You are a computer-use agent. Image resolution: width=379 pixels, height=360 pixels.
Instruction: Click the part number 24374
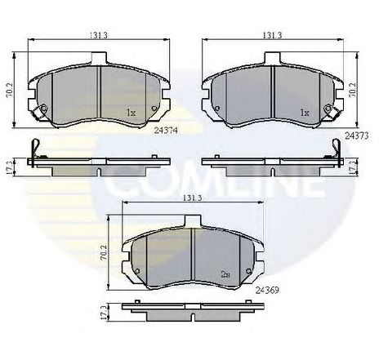point(166,131)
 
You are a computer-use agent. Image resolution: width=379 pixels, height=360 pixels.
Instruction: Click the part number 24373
point(357,136)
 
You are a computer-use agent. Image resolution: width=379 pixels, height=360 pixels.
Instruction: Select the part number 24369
point(267,291)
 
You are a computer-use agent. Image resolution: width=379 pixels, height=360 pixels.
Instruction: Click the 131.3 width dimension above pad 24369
point(192,198)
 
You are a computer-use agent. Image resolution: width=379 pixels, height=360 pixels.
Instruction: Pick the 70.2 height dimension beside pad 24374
point(10,90)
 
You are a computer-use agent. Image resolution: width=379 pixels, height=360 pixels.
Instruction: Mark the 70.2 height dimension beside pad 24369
point(104,252)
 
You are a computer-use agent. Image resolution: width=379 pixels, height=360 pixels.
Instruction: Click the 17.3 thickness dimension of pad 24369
point(103,312)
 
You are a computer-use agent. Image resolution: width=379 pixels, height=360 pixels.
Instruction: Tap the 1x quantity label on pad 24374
point(131,113)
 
